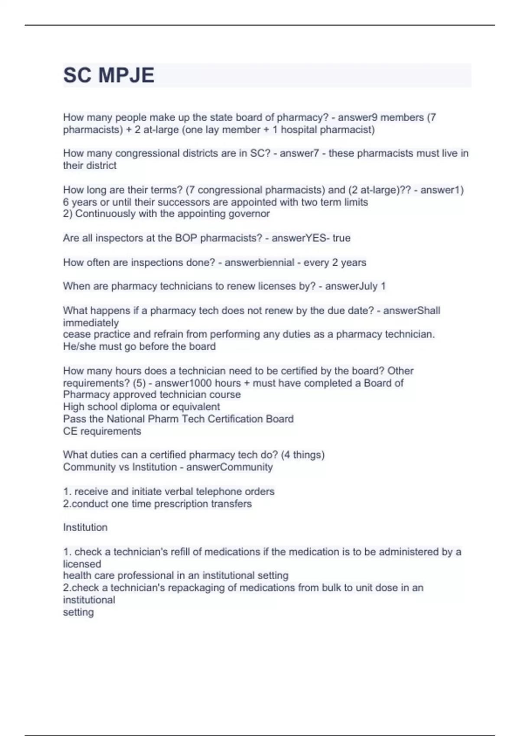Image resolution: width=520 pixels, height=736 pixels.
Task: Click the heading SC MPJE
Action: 109,75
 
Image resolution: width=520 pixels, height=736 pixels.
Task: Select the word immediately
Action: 91,323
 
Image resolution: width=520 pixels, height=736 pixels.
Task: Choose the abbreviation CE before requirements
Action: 70,431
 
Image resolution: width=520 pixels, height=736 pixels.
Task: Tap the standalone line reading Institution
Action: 85,527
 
